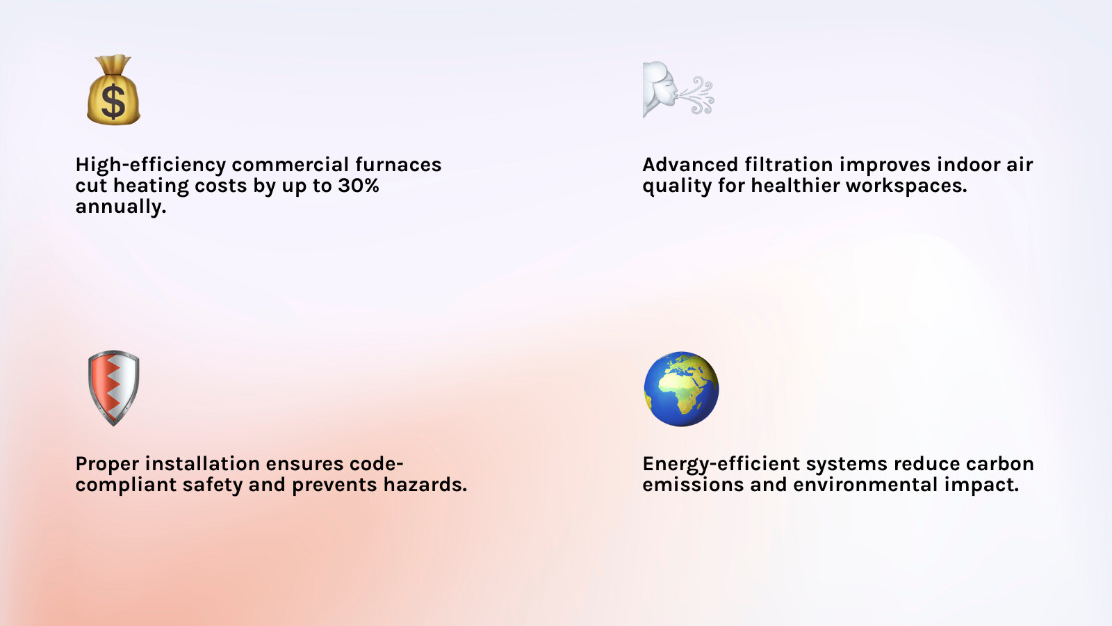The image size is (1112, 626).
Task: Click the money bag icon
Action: coord(113,90)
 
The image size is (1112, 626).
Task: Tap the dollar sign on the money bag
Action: coord(113,102)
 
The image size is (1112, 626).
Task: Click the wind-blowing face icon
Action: coord(678,90)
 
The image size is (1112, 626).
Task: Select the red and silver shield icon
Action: coord(113,387)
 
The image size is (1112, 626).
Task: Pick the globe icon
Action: coord(681,389)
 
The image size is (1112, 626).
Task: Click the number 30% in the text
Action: coord(359,186)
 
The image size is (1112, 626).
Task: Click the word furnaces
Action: coord(398,165)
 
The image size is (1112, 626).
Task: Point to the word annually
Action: coord(120,207)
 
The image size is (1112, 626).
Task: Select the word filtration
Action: coord(788,165)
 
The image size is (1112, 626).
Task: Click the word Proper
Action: coord(107,464)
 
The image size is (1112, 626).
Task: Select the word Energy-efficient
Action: coord(721,464)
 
